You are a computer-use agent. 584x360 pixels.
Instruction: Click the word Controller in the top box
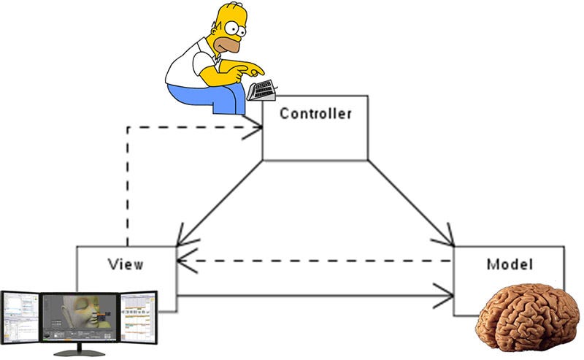click(315, 114)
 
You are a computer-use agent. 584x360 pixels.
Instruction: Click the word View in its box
click(126, 264)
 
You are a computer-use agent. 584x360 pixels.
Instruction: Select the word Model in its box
click(510, 264)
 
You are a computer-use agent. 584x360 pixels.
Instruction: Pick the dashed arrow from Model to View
click(314, 261)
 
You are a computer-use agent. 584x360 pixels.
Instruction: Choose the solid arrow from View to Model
click(314, 296)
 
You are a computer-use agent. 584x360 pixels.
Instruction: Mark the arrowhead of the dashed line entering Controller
click(257, 127)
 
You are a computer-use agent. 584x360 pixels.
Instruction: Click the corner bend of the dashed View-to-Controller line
click(128, 127)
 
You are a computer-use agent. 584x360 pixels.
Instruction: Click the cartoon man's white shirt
click(182, 69)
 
